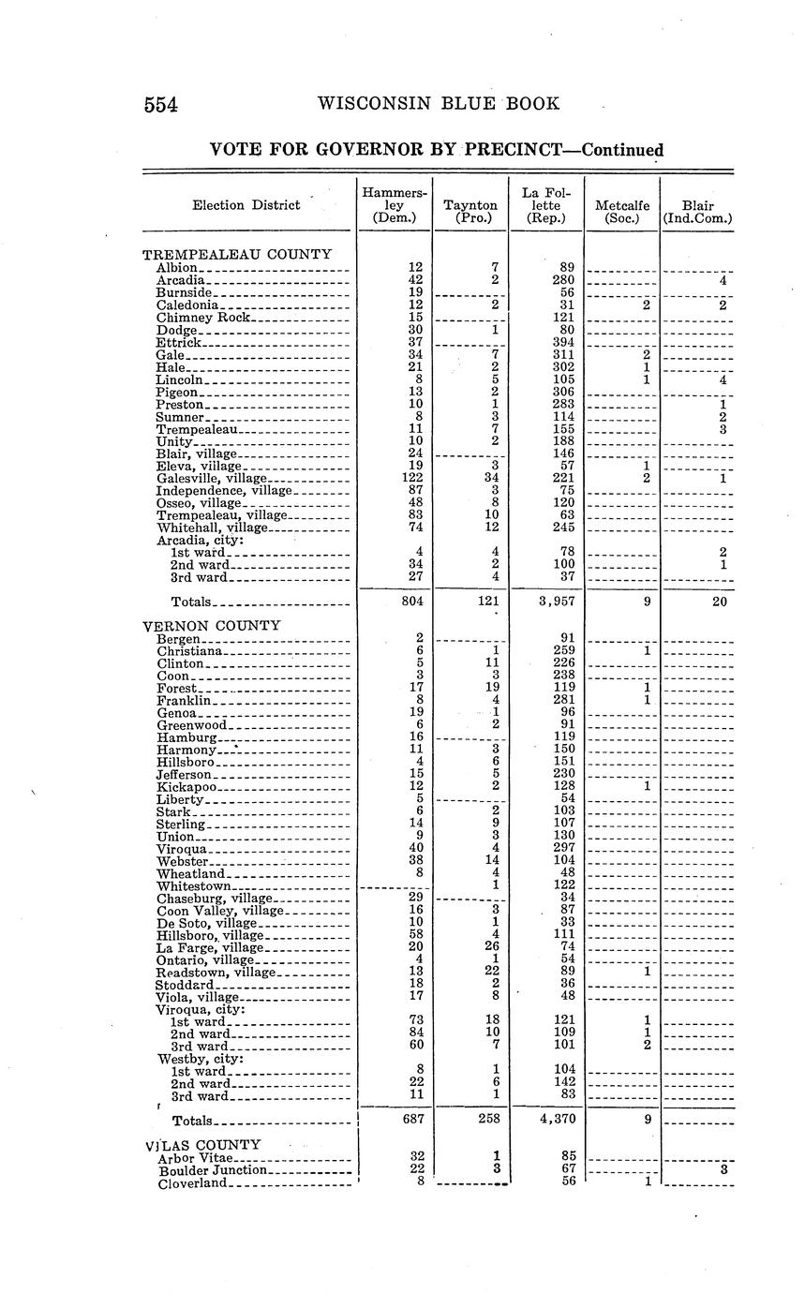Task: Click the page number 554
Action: tap(161, 104)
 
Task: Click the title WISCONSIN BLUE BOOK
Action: tap(440, 103)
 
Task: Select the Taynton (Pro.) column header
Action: tap(470, 212)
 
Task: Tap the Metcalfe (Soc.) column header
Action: tap(622, 212)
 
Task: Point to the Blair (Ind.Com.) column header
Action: tap(697, 212)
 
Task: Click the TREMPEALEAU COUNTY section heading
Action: tap(237, 254)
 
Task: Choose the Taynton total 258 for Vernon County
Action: tap(488, 1118)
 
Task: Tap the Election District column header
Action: tap(246, 205)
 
